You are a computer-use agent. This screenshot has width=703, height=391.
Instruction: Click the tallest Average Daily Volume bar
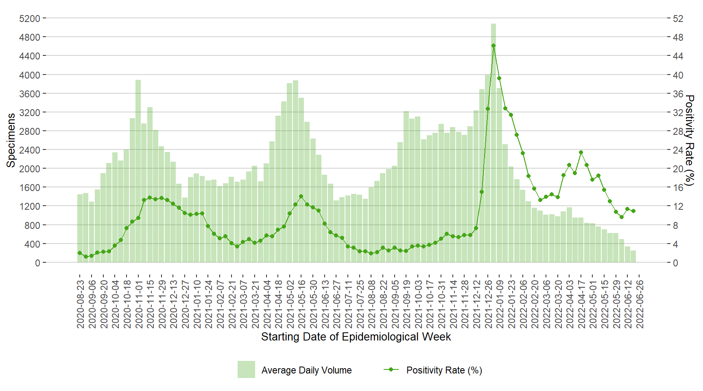493,143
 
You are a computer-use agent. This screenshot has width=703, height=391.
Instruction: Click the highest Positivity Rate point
493,46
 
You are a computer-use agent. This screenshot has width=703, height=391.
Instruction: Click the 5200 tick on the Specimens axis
30,18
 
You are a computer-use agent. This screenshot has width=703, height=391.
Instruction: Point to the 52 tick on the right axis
678,18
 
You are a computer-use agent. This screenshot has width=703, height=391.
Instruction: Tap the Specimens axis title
11,140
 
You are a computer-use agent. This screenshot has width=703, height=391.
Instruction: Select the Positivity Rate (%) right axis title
689,140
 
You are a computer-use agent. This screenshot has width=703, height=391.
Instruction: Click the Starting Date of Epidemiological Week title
356,337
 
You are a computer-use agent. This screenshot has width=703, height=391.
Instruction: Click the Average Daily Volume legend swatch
246,369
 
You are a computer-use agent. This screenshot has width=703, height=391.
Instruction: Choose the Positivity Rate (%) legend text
444,370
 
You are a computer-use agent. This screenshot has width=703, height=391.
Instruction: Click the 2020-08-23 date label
81,304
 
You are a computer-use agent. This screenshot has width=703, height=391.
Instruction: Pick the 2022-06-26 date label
640,304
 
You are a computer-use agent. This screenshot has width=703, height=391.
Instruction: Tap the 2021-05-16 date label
302,304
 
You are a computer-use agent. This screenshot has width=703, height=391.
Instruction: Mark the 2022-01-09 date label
500,304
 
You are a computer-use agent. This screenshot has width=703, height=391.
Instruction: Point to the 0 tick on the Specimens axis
37,263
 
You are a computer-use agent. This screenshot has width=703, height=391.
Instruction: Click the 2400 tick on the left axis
30,150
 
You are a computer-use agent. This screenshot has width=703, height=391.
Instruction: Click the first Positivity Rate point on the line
80,253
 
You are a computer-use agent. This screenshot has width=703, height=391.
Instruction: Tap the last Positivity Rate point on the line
633,211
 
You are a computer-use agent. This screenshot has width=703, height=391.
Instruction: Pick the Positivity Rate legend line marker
391,369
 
